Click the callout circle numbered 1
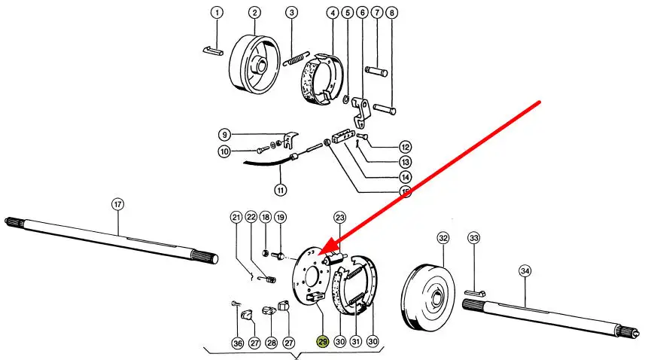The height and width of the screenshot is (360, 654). tap(217, 13)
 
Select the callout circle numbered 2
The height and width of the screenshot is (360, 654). tap(254, 13)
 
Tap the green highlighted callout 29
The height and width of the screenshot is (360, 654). tap(323, 343)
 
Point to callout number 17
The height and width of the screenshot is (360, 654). tap(117, 203)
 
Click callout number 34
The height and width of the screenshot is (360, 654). tap(525, 271)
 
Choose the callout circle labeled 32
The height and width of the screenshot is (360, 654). tap(443, 239)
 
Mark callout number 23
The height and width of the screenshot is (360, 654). tap(339, 218)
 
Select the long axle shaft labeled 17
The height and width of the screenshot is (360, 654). tap(113, 236)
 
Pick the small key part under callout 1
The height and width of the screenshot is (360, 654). tap(211, 51)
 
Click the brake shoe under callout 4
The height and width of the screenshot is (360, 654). tap(319, 79)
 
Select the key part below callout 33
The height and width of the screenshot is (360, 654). tap(474, 291)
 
